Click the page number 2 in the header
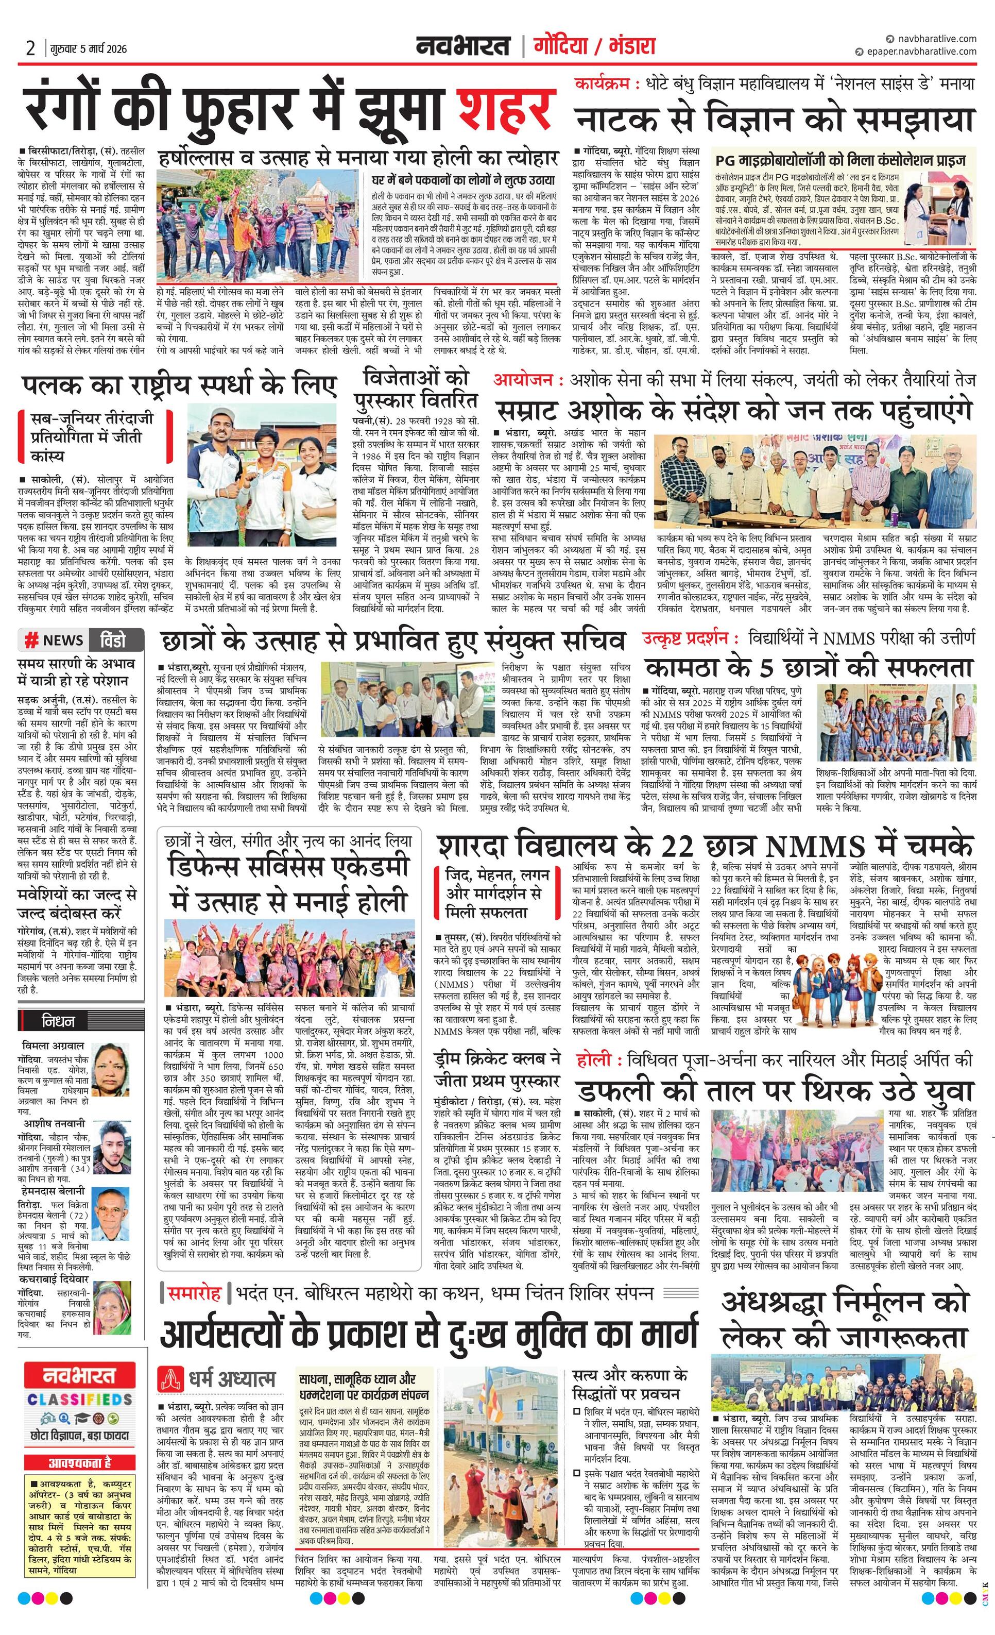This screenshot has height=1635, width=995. coord(30,48)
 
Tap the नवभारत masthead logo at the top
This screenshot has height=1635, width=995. coord(464,46)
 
